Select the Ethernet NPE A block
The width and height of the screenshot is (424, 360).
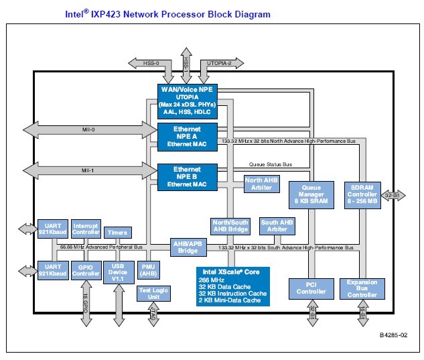click(x=187, y=137)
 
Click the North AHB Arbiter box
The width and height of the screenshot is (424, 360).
click(x=263, y=184)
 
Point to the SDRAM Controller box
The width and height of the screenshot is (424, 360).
click(x=362, y=194)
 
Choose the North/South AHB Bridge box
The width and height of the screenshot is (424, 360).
click(x=230, y=227)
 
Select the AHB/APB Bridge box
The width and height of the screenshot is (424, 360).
click(x=187, y=247)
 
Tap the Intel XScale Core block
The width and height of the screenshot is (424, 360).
click(x=232, y=286)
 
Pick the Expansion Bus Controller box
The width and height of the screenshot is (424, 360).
click(x=362, y=289)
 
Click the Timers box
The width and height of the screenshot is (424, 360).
click(x=118, y=233)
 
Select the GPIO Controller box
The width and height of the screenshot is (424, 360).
click(x=86, y=270)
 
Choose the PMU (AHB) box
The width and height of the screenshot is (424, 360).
click(x=147, y=270)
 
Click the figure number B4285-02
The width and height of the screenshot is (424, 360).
click(x=393, y=333)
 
